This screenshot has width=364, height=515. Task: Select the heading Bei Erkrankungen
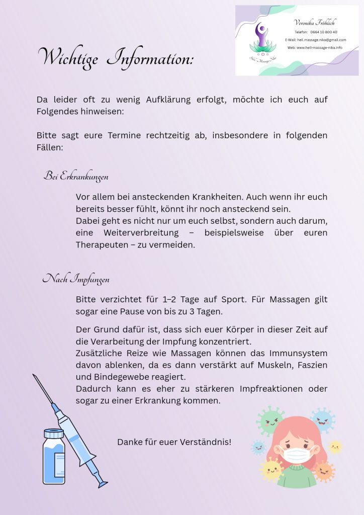[x=76, y=177]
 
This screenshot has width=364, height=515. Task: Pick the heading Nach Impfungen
[x=76, y=279]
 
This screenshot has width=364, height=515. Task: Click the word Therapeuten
[x=100, y=245]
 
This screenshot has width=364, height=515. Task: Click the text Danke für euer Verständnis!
[x=174, y=442]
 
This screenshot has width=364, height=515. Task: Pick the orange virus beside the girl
[x=324, y=471]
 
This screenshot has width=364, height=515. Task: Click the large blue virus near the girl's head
[x=322, y=419]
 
